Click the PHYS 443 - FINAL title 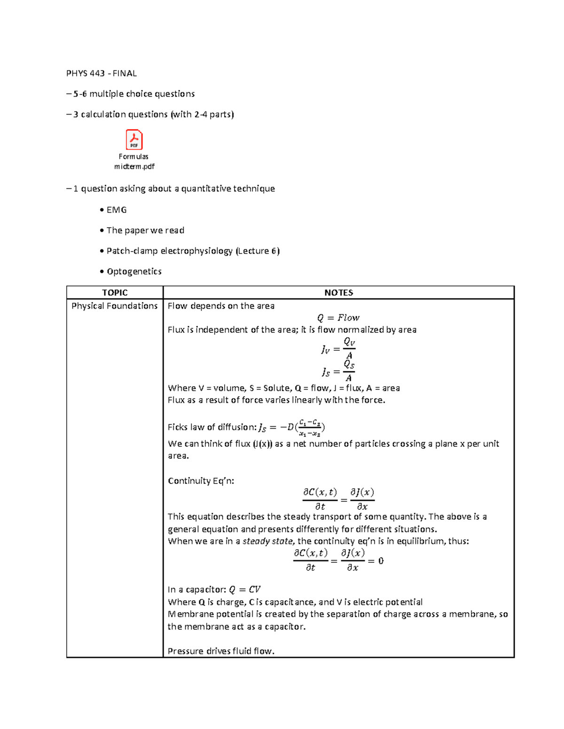point(102,73)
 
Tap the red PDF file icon point(134,140)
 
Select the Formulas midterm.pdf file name point(134,161)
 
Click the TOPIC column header point(115,292)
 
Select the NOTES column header point(338,292)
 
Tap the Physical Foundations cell point(114,306)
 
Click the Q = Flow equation point(338,318)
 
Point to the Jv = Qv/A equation point(338,349)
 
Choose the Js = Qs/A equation point(338,371)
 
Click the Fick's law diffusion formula point(291,427)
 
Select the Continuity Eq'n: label point(201,481)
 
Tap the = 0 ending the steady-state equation point(376,561)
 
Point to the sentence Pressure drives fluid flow point(221,651)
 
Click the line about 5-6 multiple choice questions point(133,94)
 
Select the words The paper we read point(145,230)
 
